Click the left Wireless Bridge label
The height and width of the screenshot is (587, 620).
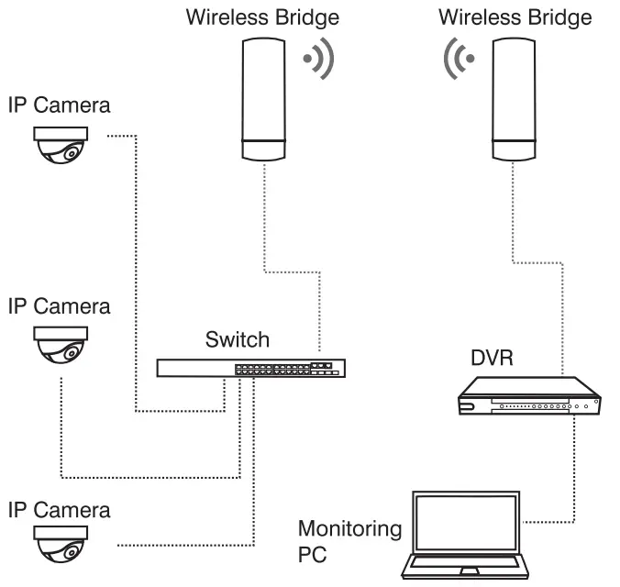click(261, 17)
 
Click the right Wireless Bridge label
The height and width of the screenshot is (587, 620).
click(515, 17)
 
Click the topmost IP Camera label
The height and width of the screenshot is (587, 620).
click(59, 105)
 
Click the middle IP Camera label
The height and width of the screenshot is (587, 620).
click(59, 305)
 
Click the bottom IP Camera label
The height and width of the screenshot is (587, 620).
click(59, 509)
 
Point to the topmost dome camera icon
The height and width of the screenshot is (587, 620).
click(61, 145)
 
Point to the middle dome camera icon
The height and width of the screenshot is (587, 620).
click(61, 345)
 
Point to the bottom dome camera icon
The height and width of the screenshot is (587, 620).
click(61, 546)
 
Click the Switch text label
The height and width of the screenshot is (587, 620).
click(238, 340)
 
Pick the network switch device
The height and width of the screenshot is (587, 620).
click(250, 369)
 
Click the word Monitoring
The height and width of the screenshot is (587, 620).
click(349, 529)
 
